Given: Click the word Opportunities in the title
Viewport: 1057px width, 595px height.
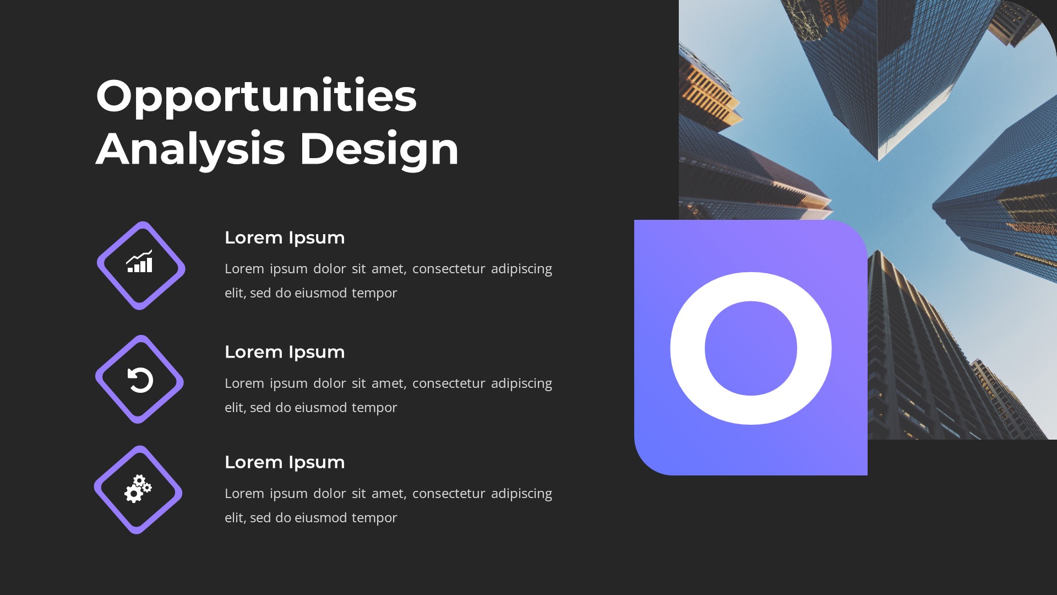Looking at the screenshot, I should [256, 96].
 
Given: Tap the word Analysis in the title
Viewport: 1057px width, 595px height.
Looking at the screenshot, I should [190, 149].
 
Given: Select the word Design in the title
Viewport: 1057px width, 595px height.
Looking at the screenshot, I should [379, 149].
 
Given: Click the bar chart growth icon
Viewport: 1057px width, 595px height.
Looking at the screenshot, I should [140, 262].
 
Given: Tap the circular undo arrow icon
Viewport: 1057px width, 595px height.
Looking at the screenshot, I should [140, 380].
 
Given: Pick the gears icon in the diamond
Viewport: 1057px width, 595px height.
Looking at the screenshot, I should [138, 489].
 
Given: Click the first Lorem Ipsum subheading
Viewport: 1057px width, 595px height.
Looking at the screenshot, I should [285, 237].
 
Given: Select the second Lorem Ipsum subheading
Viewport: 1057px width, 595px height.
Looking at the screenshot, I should [285, 352].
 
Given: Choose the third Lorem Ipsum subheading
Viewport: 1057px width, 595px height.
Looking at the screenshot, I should [285, 462].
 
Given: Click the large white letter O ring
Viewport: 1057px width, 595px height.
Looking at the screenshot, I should [687, 348].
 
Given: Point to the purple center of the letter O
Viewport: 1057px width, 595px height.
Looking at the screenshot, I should [751, 348].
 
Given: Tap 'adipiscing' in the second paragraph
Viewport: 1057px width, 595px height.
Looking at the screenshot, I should [521, 383].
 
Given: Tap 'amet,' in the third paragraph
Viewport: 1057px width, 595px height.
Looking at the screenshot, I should [389, 494].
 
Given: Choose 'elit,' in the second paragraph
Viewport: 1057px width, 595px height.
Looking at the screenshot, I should [235, 408].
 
